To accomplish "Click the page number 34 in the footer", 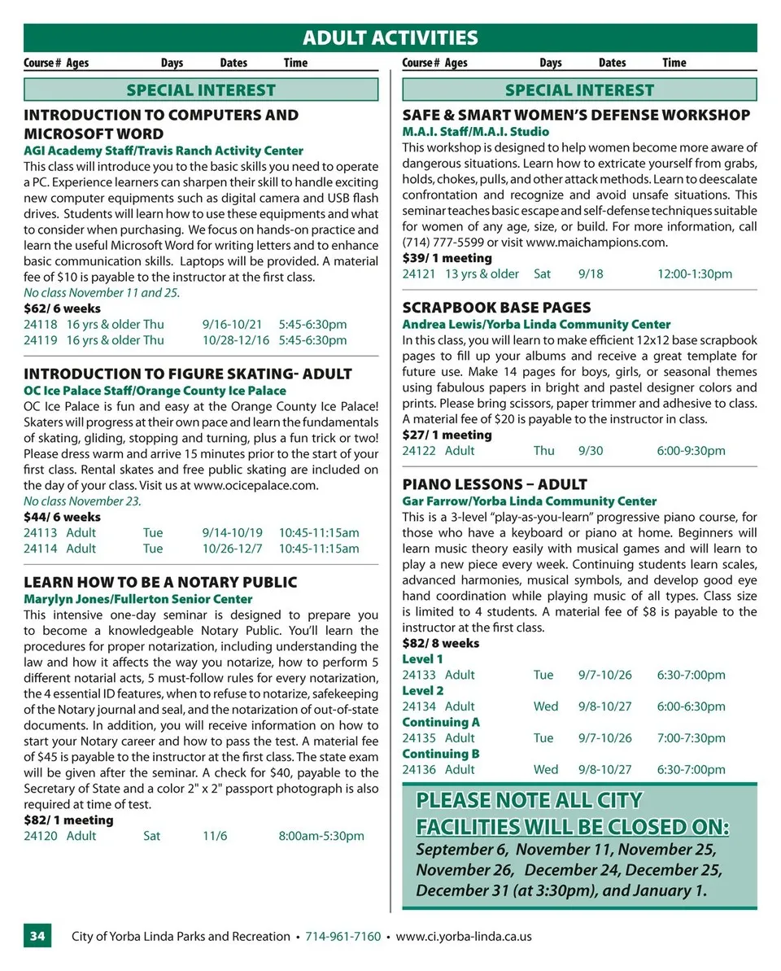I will [x=37, y=936].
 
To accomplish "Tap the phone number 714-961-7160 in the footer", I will [x=343, y=936].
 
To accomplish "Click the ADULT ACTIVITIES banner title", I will [x=390, y=37].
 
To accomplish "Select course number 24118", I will [x=41, y=324].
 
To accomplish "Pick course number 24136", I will [x=419, y=769].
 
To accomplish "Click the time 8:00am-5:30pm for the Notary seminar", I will [x=321, y=835].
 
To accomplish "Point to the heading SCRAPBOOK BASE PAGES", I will [x=496, y=308].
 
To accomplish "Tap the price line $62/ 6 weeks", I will [x=63, y=308].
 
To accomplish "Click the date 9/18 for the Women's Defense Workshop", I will [x=591, y=273].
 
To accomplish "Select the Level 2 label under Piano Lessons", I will [x=423, y=690].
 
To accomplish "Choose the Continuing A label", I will [x=441, y=722].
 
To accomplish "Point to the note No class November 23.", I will [x=82, y=501].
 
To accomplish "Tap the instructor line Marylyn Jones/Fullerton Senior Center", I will [x=138, y=599].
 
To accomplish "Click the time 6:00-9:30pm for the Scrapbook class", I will [x=692, y=450].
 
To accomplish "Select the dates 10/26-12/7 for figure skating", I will [x=233, y=548].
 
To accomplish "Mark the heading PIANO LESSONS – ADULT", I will [x=495, y=484].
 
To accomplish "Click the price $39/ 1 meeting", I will [x=447, y=258].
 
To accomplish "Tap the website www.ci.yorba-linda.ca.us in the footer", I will [x=464, y=936].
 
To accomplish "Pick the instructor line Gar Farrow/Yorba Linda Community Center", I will [x=530, y=501].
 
